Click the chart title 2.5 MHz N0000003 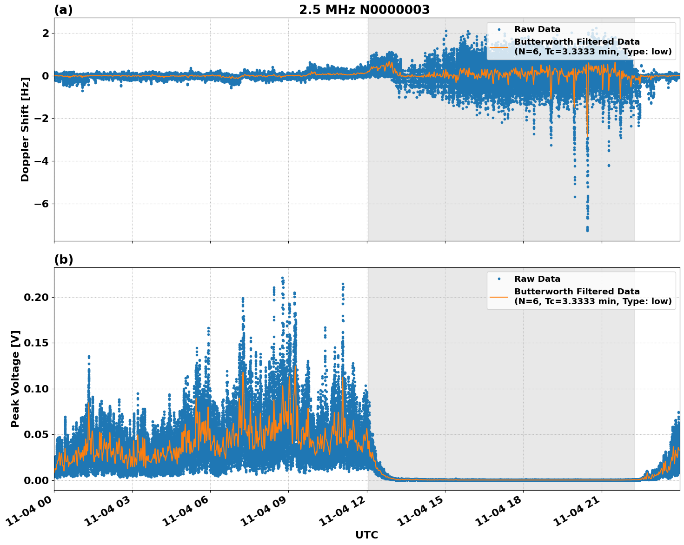click(x=364, y=10)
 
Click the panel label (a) click(x=63, y=10)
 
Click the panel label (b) click(x=63, y=259)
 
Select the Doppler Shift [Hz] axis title click(x=25, y=129)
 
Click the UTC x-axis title click(x=366, y=535)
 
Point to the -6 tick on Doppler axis click(x=40, y=204)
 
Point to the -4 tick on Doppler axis click(x=40, y=161)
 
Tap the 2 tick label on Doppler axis click(x=46, y=33)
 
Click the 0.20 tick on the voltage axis click(x=36, y=297)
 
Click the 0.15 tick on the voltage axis click(x=36, y=343)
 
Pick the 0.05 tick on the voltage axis click(x=36, y=434)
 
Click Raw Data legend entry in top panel click(x=537, y=29)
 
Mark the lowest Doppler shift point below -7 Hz click(x=587, y=230)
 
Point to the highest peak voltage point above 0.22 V click(x=282, y=278)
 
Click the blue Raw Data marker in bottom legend click(x=499, y=279)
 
